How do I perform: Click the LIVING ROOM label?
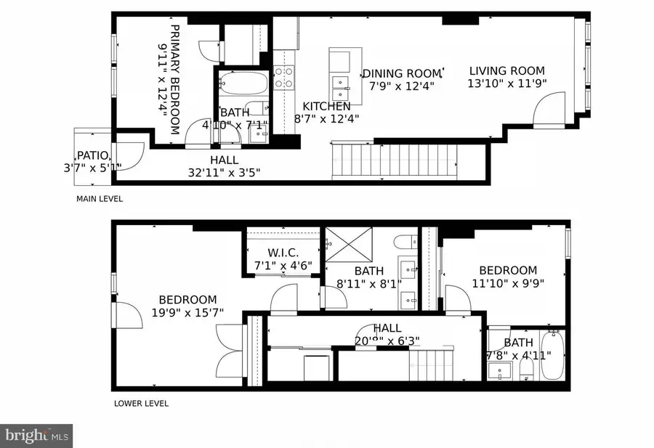coord(506,70)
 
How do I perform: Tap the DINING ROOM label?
coord(402,73)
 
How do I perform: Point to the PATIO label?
coord(93,155)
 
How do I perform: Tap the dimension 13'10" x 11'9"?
coord(506,84)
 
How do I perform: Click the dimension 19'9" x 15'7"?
coord(187,312)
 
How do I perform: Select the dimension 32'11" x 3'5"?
coord(224,172)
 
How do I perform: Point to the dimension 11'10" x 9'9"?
coord(508,283)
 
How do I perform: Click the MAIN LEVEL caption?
coord(100,198)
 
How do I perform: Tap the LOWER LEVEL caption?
coord(140,403)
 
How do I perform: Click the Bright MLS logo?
coord(36,436)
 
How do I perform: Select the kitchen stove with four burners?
coord(282,76)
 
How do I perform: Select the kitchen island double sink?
coord(339,86)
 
